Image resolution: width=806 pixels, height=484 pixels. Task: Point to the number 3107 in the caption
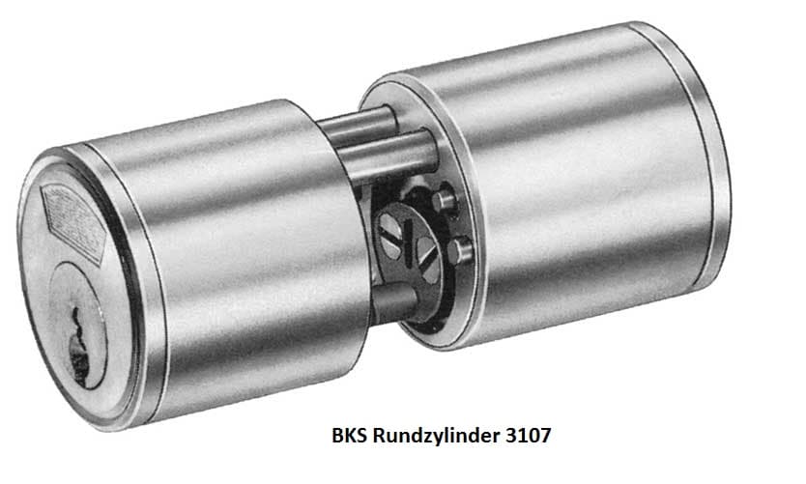click(x=531, y=436)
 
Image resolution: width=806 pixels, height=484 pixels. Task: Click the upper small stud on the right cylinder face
click(x=446, y=200)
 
